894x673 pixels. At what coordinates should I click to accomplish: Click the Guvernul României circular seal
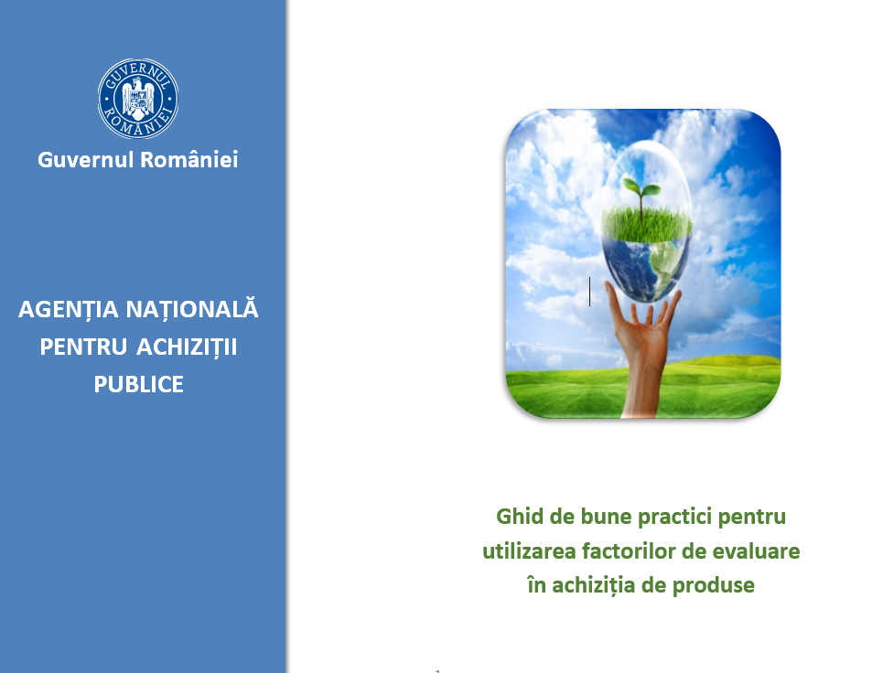(138, 99)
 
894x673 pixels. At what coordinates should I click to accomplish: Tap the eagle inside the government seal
(138, 99)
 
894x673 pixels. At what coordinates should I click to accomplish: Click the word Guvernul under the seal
(85, 159)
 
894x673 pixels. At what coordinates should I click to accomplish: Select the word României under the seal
(189, 159)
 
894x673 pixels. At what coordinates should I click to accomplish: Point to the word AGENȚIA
(69, 310)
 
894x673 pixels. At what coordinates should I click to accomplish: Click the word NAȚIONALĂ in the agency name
(192, 308)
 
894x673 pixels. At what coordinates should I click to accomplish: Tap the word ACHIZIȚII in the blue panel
(187, 347)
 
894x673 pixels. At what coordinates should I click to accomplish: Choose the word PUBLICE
(138, 385)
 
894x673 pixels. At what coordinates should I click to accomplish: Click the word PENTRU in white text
(83, 347)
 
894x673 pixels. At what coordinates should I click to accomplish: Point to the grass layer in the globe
(647, 224)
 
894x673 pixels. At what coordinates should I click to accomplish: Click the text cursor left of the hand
(589, 292)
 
